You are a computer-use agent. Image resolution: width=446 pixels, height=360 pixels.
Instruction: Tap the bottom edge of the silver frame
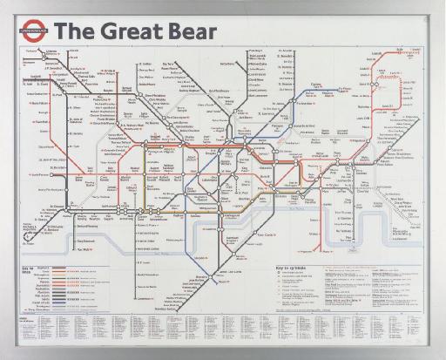(x=223, y=356)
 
